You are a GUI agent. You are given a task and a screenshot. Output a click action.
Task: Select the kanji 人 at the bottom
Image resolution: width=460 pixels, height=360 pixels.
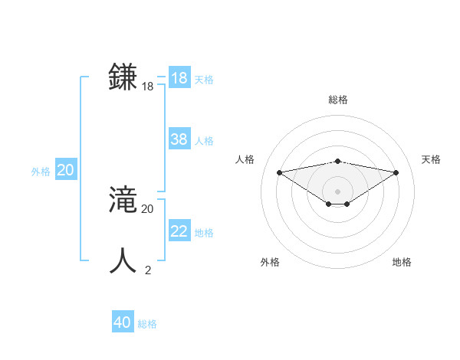(x=123, y=260)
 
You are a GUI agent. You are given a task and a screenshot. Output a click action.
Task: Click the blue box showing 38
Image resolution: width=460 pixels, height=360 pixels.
(x=179, y=139)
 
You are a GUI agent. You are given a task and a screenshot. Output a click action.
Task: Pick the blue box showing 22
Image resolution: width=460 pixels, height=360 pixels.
(x=179, y=231)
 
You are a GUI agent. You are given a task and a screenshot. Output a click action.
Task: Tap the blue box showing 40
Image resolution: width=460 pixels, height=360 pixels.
(x=123, y=322)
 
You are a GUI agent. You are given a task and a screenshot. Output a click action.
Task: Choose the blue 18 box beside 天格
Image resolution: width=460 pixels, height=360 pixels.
(x=179, y=78)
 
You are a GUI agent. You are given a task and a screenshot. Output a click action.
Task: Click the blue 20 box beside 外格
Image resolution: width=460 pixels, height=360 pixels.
(x=66, y=170)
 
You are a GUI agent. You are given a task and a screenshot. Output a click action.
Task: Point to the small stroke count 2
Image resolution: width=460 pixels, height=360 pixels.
(x=148, y=270)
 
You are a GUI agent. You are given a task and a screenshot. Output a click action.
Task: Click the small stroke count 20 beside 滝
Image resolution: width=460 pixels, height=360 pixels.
(x=147, y=208)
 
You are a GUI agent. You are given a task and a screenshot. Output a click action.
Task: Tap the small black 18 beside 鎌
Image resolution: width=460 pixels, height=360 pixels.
(x=147, y=87)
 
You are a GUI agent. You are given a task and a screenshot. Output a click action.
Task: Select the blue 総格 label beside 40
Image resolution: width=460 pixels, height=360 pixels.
(x=147, y=324)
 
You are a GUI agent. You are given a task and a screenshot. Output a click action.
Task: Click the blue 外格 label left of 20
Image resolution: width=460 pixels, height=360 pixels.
(x=41, y=172)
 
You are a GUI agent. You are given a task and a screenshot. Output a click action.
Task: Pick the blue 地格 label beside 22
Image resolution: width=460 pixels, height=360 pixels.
(x=204, y=233)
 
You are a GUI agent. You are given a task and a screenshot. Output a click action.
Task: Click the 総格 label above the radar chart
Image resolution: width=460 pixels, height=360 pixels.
(x=338, y=100)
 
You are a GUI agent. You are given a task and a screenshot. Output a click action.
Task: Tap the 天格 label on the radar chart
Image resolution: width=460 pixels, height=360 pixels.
(x=432, y=159)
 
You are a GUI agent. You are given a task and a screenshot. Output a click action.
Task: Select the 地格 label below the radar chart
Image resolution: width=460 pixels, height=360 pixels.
(x=402, y=262)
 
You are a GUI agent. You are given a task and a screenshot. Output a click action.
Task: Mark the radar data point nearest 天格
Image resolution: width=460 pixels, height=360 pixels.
(x=396, y=172)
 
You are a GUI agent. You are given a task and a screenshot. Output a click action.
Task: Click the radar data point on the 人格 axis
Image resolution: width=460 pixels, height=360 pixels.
(x=279, y=172)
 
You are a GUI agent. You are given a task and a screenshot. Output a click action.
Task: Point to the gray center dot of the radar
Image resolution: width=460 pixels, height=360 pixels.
(x=337, y=191)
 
